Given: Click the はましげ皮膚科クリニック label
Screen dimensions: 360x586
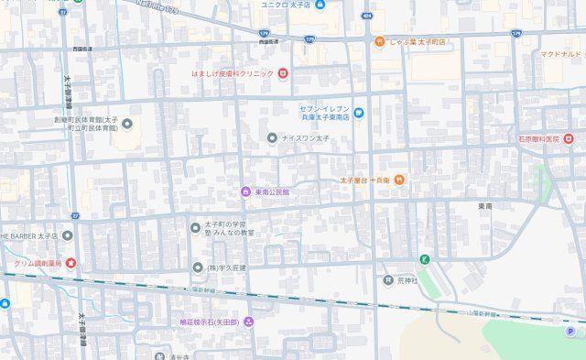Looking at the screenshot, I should pos(232,73).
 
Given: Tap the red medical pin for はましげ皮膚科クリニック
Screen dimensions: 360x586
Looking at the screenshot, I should pos(284,73).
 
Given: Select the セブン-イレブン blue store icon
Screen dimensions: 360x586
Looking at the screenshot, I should pos(359,113).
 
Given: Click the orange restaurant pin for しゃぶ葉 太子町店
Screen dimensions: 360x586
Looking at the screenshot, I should pos(378,40).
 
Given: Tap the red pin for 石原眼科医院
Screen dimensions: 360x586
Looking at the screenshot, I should pos(569,138).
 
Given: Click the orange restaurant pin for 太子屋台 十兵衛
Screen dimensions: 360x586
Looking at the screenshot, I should pos(401,180).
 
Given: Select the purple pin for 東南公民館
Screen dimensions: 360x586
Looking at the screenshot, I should pos(245,191).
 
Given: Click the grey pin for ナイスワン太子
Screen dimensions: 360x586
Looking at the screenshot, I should pos(271,137).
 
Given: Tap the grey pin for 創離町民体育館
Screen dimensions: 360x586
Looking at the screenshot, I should pos(126,124).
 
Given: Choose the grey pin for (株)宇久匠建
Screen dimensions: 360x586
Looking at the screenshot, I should pos(197,267).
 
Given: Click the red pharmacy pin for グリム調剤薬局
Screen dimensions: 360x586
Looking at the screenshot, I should pos(71,264).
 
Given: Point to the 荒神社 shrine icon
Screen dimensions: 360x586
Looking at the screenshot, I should pos(387,280).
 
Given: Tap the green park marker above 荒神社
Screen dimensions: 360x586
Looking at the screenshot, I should pos(424,260).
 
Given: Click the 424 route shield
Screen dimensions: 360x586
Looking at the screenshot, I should pos(366,16).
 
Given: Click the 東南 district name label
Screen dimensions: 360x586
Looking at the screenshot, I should pos(484,207).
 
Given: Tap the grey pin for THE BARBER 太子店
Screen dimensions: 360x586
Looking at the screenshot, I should pos(68,235).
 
